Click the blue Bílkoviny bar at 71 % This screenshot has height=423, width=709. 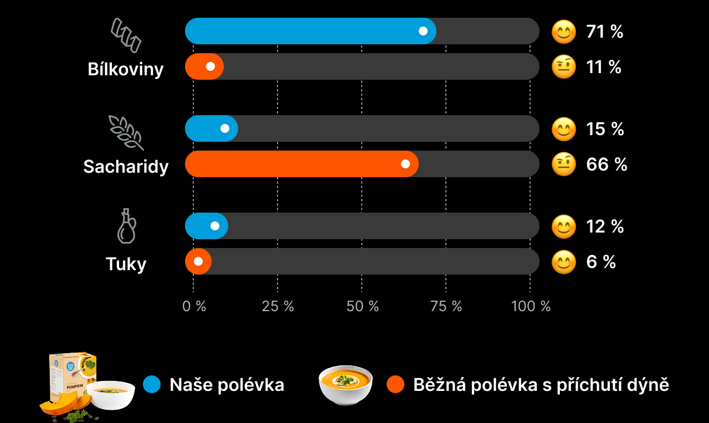pyautogui.click(x=310, y=31)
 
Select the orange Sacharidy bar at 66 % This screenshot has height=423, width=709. pyautogui.click(x=301, y=164)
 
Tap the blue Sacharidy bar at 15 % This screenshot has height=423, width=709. pyautogui.click(x=211, y=128)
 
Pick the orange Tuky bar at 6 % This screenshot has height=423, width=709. pyautogui.click(x=198, y=261)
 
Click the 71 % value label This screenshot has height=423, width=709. pyautogui.click(x=604, y=32)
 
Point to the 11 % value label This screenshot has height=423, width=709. pyautogui.click(x=603, y=67)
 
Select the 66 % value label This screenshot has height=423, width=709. pyautogui.click(x=607, y=164)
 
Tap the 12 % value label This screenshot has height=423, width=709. pyautogui.click(x=605, y=226)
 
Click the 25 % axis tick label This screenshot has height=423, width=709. pyautogui.click(x=278, y=306)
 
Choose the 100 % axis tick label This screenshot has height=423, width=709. pyautogui.click(x=531, y=306)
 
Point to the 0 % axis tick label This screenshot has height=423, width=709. pyautogui.click(x=194, y=306)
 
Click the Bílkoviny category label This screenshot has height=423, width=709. pyautogui.click(x=126, y=69)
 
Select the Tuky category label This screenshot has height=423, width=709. pyautogui.click(x=126, y=264)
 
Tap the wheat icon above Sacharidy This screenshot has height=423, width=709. pyautogui.click(x=126, y=132)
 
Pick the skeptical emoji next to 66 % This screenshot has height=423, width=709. pyautogui.click(x=564, y=164)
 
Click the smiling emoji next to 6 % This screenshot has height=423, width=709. pyautogui.click(x=564, y=262)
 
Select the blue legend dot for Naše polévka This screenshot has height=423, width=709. pyautogui.click(x=152, y=384)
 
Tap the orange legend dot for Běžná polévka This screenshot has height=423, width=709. pyautogui.click(x=395, y=384)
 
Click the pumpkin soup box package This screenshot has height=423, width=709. pyautogui.click(x=73, y=378)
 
